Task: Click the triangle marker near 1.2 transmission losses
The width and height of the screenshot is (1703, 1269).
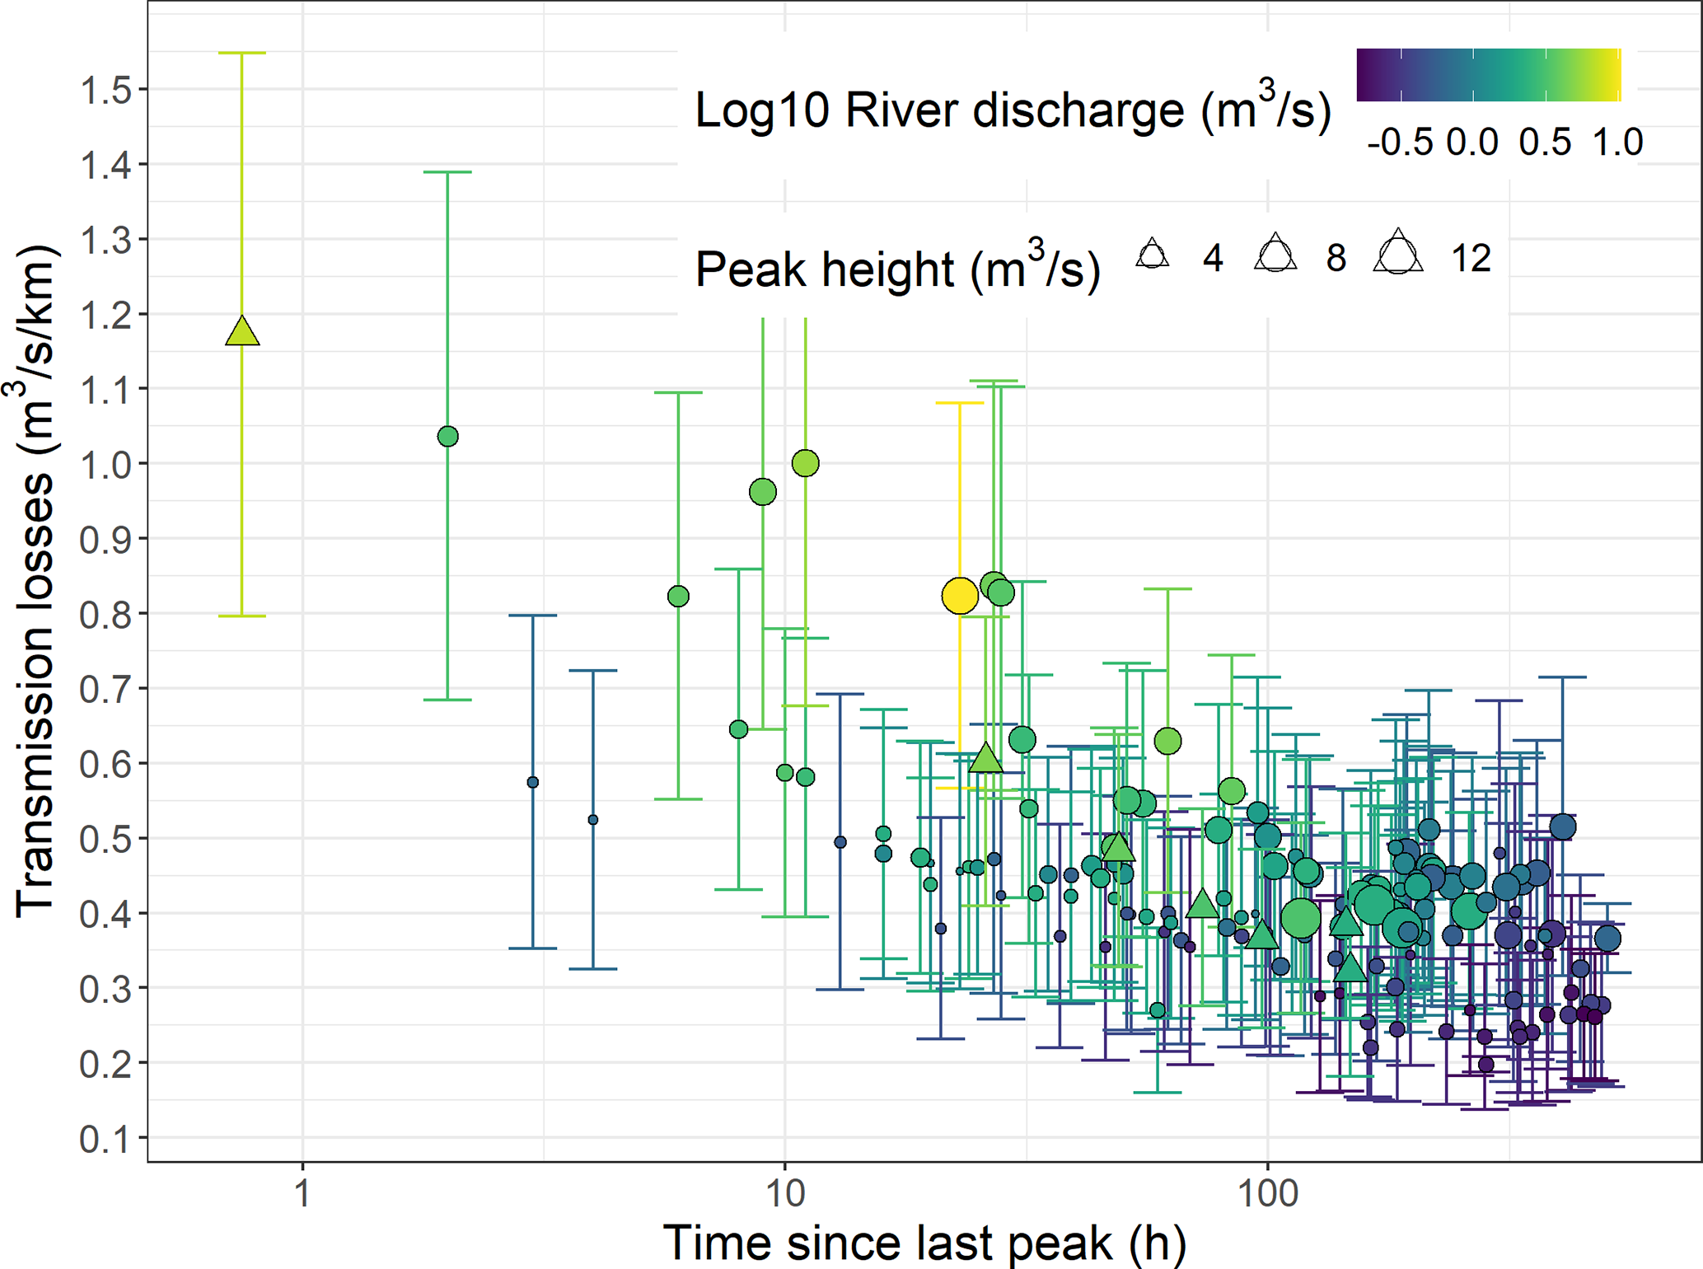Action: click(242, 331)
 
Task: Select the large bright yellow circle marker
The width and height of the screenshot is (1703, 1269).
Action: click(960, 595)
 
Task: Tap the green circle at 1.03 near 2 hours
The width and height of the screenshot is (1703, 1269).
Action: click(447, 436)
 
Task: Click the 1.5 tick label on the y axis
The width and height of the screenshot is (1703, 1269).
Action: click(105, 90)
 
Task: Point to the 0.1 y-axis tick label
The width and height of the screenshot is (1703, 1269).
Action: click(105, 1139)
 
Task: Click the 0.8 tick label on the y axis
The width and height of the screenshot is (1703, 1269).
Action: click(105, 615)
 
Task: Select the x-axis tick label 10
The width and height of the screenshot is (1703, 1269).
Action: click(784, 1192)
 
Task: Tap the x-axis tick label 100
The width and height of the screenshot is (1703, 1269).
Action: click(1267, 1192)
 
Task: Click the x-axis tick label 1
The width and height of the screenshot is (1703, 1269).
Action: click(303, 1192)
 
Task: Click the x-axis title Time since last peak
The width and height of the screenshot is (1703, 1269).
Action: click(924, 1242)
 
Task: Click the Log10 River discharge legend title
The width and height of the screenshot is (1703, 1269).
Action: click(1013, 110)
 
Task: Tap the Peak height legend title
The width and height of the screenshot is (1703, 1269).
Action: click(897, 269)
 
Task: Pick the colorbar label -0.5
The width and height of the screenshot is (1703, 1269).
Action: click(1400, 143)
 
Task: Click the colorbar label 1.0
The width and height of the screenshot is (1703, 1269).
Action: click(1617, 143)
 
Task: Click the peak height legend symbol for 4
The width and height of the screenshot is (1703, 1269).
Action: click(1153, 255)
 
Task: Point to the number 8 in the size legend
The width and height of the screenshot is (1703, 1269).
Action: click(1336, 259)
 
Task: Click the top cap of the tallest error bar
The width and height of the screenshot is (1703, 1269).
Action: click(242, 53)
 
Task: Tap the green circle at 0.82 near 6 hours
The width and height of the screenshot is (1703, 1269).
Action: click(678, 596)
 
